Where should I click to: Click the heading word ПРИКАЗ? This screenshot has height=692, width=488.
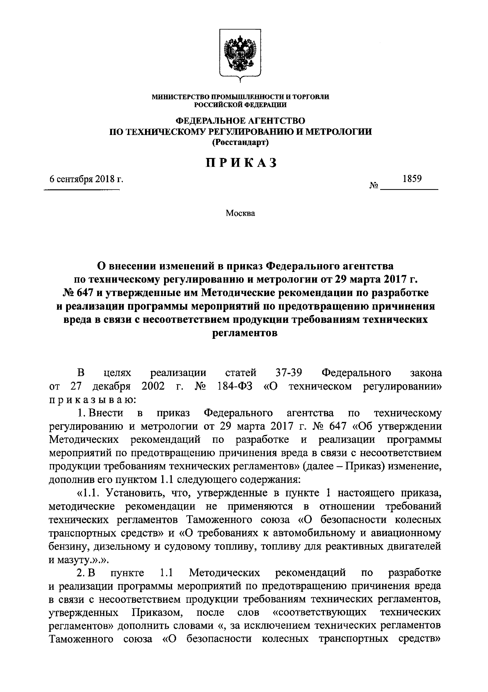(x=241, y=163)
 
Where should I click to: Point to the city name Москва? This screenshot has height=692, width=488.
(x=240, y=213)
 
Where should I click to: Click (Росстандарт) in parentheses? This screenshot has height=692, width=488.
(x=240, y=142)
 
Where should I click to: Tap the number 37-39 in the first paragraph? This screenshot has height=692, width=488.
(x=289, y=373)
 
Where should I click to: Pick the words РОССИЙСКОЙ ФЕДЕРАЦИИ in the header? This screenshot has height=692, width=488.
(x=240, y=105)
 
